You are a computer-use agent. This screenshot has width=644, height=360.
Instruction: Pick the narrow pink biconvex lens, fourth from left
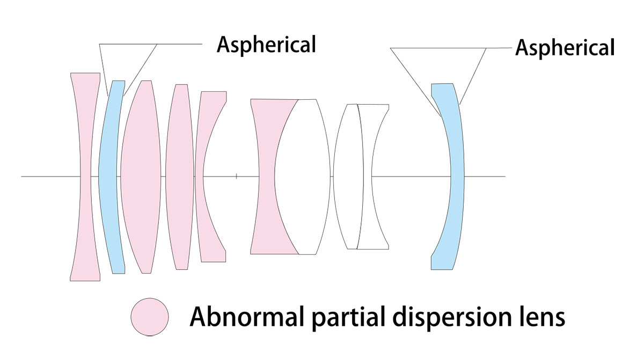(180, 177)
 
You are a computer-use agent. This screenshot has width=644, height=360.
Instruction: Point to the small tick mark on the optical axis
(236, 175)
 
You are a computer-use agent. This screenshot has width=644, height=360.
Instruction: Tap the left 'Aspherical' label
(266, 45)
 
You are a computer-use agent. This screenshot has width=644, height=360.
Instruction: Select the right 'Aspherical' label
(565, 48)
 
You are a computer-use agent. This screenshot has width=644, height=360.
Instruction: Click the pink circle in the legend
(150, 317)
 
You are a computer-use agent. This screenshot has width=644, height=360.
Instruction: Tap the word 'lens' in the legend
(541, 316)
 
